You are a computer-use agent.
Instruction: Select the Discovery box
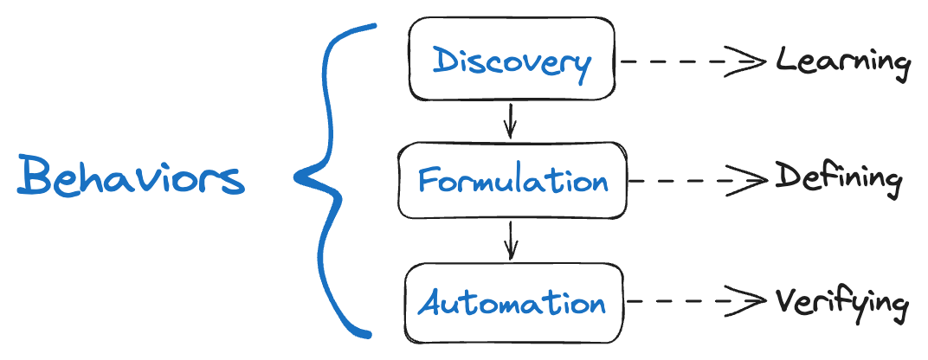[512, 61]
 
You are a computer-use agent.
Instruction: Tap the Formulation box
[512, 180]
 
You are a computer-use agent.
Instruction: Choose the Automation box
[513, 302]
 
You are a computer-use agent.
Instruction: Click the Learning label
[842, 62]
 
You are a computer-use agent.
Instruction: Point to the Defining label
[838, 179]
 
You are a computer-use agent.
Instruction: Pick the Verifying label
[841, 303]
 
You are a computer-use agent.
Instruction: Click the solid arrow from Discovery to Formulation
[510, 120]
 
